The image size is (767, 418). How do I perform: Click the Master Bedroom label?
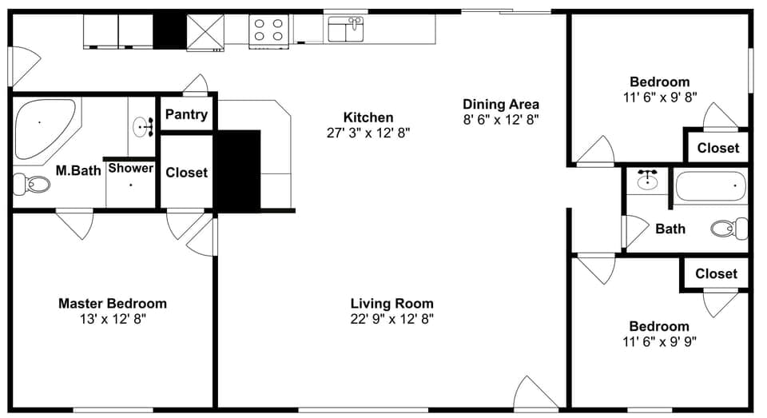pos(113,304)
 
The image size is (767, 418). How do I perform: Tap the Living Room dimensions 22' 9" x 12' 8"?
pos(392,319)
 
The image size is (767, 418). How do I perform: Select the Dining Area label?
pos(501,104)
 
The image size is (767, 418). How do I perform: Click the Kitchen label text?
pos(368,117)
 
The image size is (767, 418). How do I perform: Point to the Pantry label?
pos(186,114)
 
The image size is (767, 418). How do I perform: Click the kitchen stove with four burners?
pos(268,30)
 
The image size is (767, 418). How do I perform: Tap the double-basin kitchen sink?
pos(346,30)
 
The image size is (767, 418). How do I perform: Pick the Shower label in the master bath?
pos(131,169)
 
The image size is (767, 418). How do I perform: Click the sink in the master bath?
pos(144,125)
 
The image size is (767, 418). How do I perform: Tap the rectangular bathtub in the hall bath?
pos(710,187)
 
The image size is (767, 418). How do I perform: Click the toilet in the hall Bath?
pos(728,229)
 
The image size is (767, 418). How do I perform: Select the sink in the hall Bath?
pos(647,181)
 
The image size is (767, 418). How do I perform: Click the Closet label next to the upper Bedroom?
pos(718,148)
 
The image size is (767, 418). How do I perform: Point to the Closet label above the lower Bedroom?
pos(716,273)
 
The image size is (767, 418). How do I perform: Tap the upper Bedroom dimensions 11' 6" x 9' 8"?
pos(659,97)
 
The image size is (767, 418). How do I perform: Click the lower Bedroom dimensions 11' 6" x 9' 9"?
pos(659,341)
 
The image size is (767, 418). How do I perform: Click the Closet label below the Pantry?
pos(186,173)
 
